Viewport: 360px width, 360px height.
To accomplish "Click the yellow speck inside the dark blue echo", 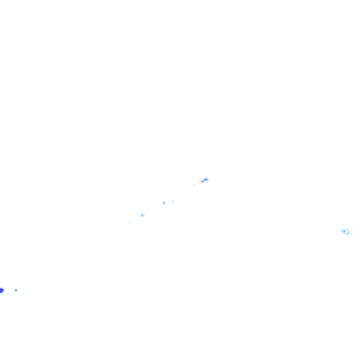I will (x=1, y=290).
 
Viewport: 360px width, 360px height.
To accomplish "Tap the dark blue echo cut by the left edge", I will (x=2, y=290).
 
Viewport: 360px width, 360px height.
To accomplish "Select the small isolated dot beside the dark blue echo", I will (x=16, y=290).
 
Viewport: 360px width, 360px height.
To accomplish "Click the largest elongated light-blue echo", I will (x=204, y=180).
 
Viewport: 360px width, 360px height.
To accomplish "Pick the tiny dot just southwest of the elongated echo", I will (x=194, y=185).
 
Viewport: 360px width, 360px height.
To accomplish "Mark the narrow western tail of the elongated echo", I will (x=200, y=182).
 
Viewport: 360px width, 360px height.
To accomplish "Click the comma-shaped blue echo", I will (x=164, y=203).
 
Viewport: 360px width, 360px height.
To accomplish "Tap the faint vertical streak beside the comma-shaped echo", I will (x=172, y=202).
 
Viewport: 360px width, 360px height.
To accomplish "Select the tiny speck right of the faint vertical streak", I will (x=177, y=202).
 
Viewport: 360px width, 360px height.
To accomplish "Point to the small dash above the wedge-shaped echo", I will (x=146, y=211).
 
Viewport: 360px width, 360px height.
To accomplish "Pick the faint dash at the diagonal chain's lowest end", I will (x=129, y=223).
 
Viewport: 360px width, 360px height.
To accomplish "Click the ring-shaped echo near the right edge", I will (x=346, y=231).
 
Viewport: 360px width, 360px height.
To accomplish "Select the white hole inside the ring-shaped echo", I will (x=347, y=231).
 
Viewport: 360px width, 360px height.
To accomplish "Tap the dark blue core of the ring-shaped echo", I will (x=344, y=231).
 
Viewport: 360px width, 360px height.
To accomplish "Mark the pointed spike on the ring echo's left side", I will (x=341, y=230).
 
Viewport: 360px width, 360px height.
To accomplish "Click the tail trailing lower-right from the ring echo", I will (x=351, y=234).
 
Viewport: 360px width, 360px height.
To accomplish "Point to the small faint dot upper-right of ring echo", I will (x=353, y=228).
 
